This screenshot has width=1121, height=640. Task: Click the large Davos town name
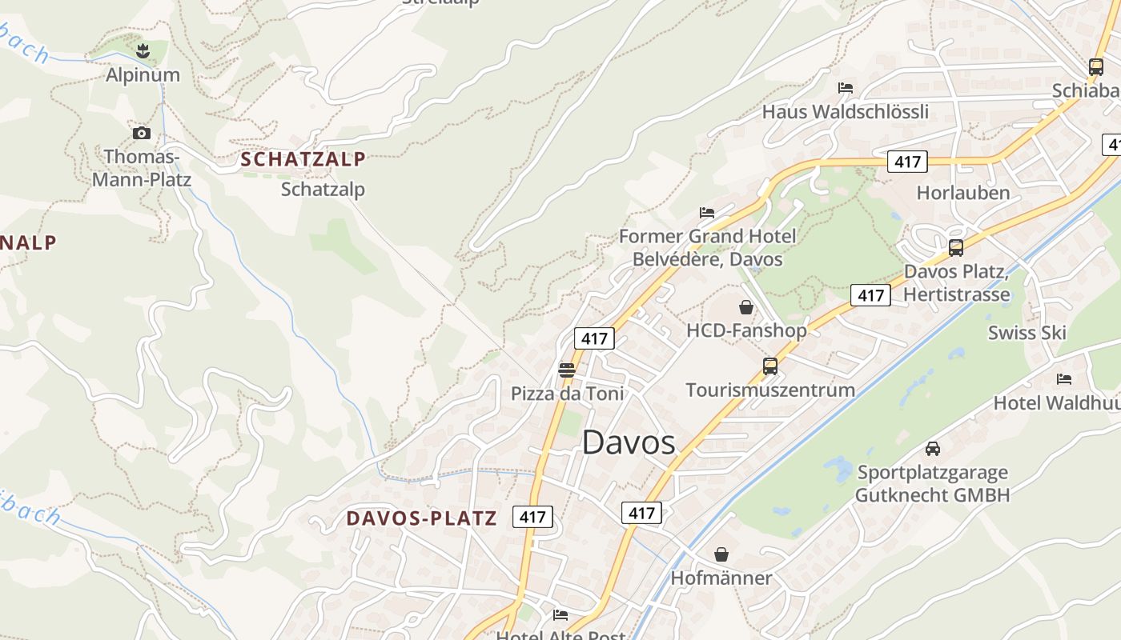629,442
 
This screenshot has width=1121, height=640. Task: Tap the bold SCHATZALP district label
303,159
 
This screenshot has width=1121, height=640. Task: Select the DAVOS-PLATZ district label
422,518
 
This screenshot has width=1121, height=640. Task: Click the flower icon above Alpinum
143,52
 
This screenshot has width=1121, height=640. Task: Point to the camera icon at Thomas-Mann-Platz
142,133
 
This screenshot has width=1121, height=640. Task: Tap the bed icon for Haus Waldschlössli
846,87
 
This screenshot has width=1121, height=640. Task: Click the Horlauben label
963,193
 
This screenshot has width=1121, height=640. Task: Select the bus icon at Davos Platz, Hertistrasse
956,248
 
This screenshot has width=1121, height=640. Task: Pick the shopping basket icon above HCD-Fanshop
746,307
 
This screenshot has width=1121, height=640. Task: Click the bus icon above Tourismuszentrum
770,366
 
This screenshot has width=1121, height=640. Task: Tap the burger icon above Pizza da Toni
567,370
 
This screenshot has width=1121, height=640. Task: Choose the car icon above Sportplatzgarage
933,449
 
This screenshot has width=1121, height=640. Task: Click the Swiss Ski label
1027,333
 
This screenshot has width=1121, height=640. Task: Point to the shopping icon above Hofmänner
721,554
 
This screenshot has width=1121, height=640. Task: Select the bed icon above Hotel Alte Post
560,614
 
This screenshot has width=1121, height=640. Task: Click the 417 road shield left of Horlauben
907,162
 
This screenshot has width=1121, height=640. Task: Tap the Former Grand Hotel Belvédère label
707,247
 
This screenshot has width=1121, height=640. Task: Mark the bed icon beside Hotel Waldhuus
1064,379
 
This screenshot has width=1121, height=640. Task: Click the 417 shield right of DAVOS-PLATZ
532,517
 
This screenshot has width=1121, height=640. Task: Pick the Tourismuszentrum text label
770,390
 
